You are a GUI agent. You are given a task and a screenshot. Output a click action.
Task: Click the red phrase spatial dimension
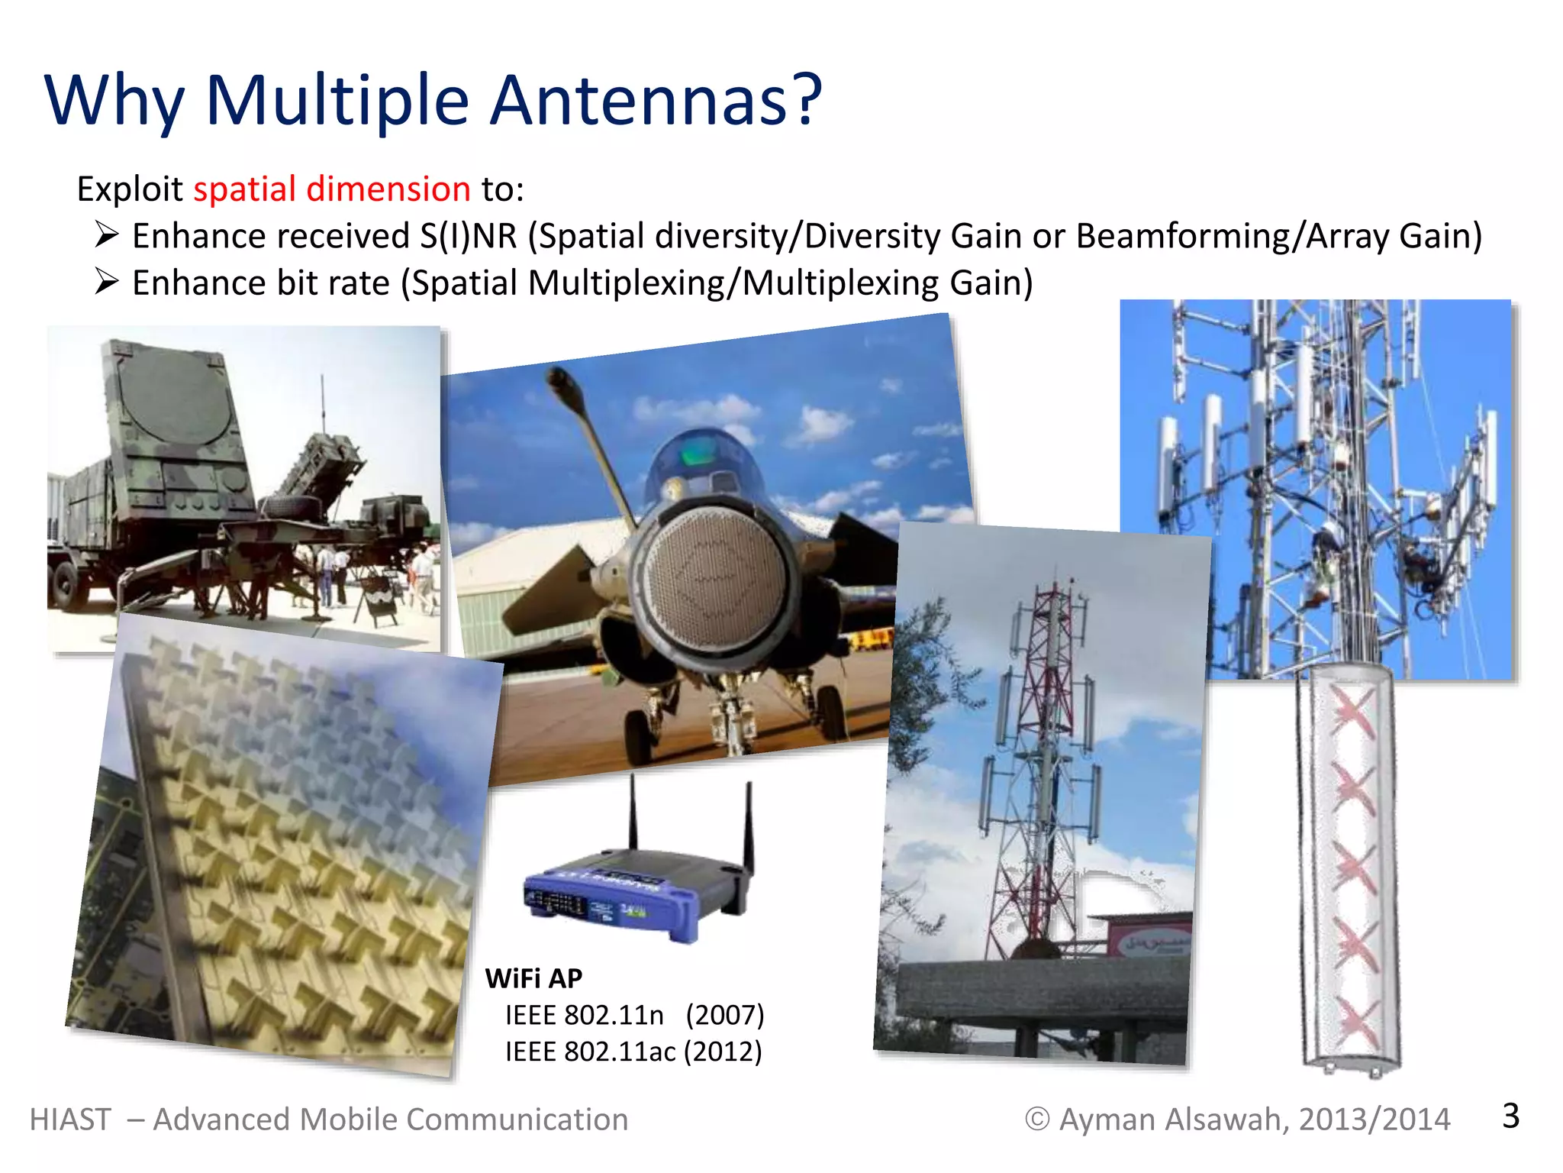(331, 189)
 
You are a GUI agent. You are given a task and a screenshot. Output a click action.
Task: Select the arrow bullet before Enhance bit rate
(107, 283)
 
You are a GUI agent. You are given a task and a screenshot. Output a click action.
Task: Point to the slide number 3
(1510, 1116)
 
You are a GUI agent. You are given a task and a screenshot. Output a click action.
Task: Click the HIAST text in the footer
(70, 1120)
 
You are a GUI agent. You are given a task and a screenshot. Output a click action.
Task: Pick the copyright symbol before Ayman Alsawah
(1036, 1120)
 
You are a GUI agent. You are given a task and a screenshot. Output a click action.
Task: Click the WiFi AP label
(533, 978)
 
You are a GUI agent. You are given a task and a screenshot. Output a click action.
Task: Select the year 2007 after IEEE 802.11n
(724, 1015)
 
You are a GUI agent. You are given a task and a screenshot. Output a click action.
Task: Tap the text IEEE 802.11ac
(590, 1052)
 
